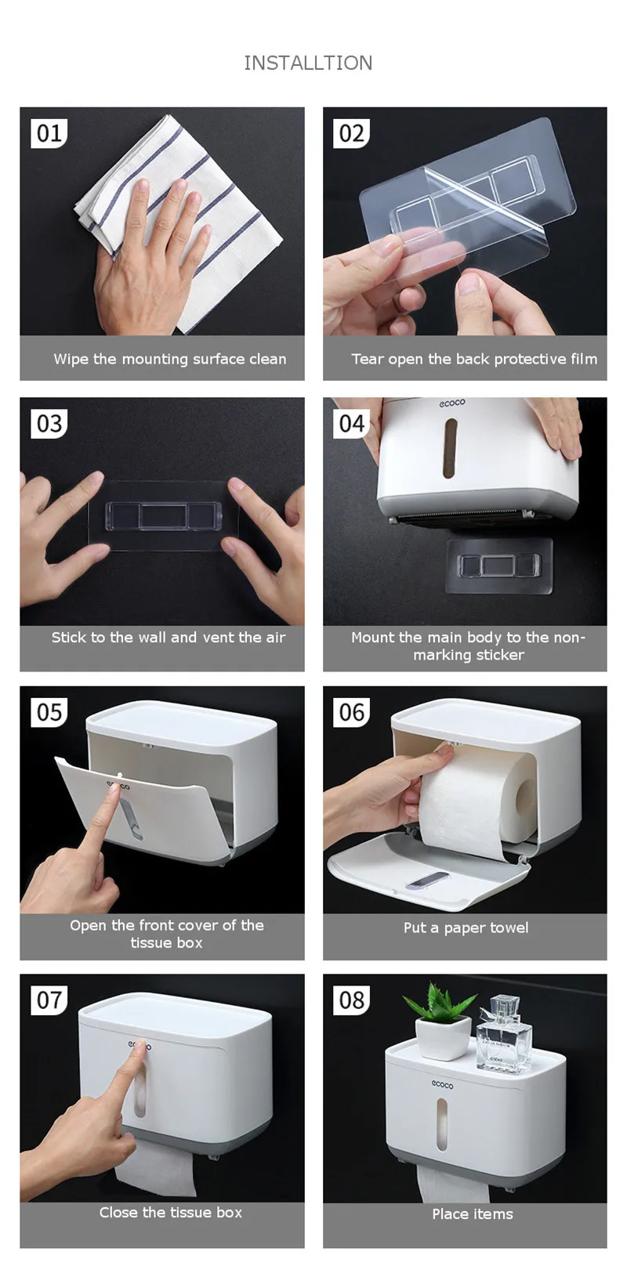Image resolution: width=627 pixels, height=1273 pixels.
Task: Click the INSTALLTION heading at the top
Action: [308, 63]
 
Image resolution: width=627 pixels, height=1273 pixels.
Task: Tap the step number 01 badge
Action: [49, 133]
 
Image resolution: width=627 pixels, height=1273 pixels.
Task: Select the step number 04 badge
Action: [351, 423]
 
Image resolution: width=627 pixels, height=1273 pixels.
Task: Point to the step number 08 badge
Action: [351, 1000]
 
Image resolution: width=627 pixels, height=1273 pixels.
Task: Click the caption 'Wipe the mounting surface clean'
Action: [170, 359]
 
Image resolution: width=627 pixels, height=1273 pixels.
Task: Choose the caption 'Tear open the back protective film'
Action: [474, 359]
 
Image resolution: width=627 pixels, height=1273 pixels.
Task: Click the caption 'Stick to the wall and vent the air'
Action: [169, 637]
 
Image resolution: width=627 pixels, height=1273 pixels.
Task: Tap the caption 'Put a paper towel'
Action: [466, 928]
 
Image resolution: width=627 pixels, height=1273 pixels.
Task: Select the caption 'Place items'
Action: [473, 1214]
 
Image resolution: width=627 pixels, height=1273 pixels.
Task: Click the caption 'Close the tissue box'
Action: [171, 1213]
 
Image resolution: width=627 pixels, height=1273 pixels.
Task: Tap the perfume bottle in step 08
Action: [504, 1035]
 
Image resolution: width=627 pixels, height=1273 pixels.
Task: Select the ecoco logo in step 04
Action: [452, 403]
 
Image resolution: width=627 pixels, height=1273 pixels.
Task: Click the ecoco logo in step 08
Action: [442, 1084]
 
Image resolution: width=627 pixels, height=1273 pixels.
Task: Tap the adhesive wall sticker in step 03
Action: [163, 516]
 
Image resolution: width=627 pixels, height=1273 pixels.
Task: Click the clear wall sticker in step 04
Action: [499, 566]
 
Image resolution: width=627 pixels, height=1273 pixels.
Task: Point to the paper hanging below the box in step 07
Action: [156, 1170]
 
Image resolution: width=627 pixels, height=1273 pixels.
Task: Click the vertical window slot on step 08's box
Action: [442, 1125]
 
